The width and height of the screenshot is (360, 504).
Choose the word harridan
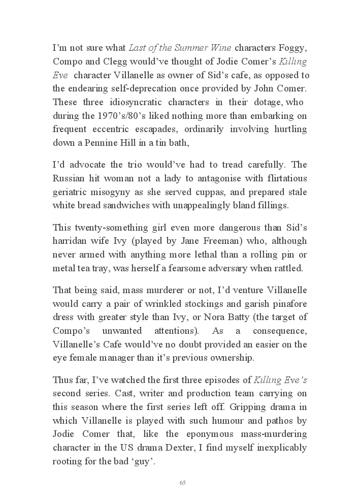(x=69, y=241)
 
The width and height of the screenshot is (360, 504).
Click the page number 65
(x=183, y=483)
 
